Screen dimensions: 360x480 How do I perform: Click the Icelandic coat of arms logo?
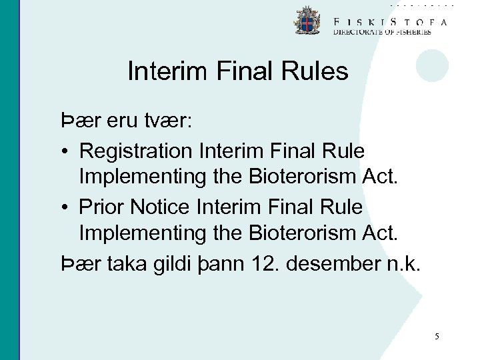coord(307,21)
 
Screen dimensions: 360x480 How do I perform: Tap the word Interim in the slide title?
coord(164,71)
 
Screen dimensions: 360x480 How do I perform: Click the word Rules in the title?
coord(317,71)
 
